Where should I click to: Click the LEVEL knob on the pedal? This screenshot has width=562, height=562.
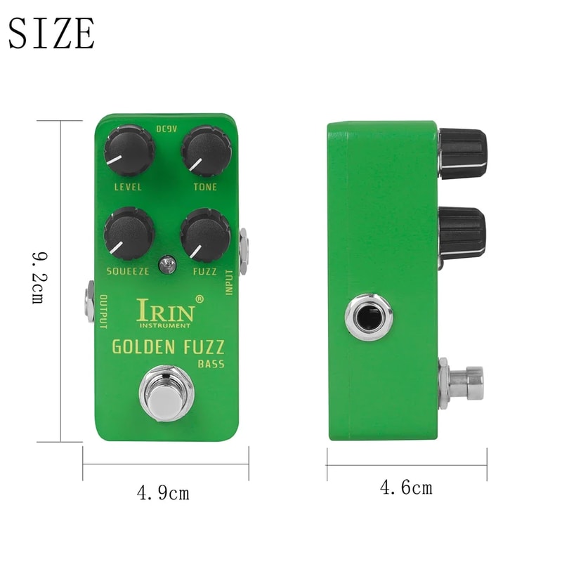click(129, 151)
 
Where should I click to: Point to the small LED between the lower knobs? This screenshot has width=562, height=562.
click(167, 265)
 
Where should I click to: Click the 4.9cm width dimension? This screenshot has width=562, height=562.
click(163, 493)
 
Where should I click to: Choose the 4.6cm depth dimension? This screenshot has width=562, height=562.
click(406, 487)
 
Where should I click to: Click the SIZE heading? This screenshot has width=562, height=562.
click(51, 33)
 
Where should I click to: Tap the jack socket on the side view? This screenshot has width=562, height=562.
click(369, 318)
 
